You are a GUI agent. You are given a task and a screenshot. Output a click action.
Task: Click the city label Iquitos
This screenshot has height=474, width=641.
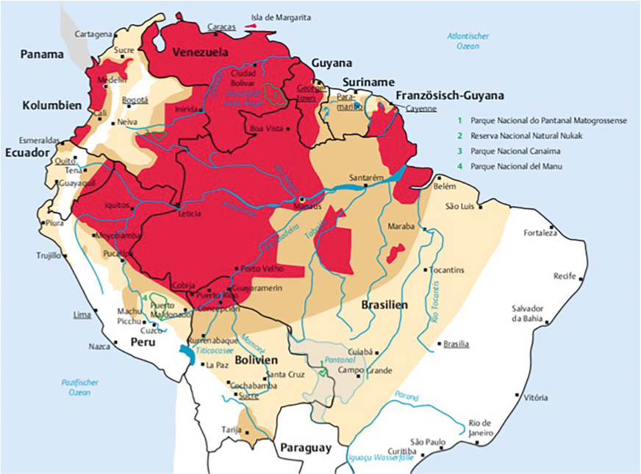118,207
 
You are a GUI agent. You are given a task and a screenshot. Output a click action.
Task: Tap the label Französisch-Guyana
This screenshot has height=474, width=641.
449,96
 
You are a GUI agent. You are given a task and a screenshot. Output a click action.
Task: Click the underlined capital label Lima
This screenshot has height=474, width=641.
82,314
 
